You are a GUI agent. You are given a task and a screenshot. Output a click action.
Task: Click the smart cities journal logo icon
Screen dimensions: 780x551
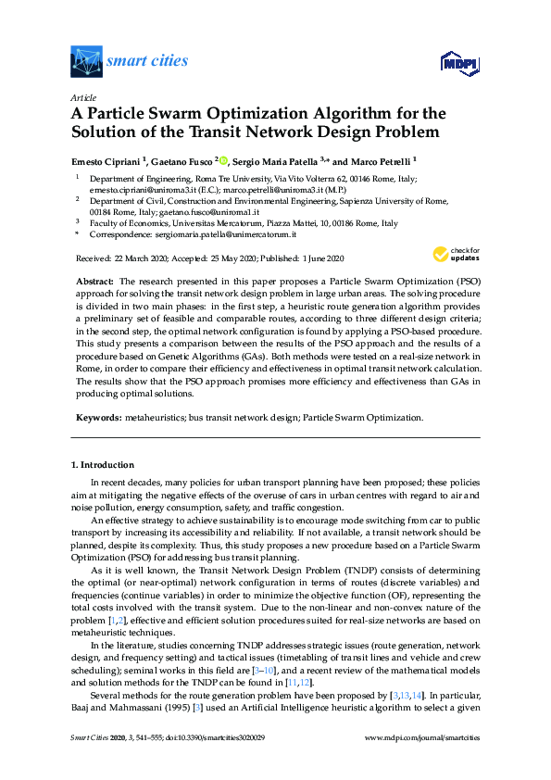pos(86,62)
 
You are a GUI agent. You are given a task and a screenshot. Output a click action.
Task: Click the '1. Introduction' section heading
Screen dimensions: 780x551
pos(102,464)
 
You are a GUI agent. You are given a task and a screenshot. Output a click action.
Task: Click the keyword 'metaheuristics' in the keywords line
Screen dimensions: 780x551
pos(155,418)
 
